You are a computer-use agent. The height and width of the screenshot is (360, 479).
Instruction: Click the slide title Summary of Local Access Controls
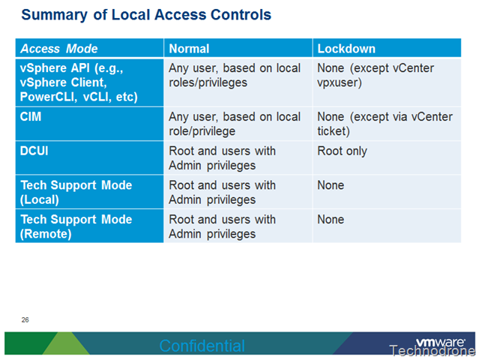click(146, 15)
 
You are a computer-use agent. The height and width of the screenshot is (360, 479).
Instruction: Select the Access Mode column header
click(59, 49)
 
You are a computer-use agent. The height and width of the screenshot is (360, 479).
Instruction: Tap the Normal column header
click(189, 49)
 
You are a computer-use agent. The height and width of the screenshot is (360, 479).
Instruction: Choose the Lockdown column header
click(346, 49)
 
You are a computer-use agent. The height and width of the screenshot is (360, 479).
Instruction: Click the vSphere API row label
click(79, 82)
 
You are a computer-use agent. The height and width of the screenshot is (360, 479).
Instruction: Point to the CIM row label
click(31, 117)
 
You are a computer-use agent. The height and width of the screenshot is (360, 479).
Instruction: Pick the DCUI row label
click(34, 151)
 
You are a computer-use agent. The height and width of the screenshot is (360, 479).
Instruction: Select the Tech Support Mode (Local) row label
click(76, 192)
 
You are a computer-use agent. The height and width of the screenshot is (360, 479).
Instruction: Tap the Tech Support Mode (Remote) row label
click(76, 226)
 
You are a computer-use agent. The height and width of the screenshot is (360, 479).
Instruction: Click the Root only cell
click(342, 151)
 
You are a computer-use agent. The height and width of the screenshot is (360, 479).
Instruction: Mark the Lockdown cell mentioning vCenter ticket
click(385, 124)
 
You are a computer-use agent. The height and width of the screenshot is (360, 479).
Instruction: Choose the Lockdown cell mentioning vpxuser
click(376, 75)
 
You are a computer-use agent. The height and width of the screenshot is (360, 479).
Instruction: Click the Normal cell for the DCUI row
click(222, 158)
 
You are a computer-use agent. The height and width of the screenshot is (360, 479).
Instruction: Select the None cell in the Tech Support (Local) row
click(331, 185)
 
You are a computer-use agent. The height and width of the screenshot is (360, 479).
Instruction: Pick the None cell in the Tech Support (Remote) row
click(331, 220)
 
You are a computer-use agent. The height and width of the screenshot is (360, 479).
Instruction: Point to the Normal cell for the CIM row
click(235, 124)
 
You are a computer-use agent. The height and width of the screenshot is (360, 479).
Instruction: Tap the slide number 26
click(25, 320)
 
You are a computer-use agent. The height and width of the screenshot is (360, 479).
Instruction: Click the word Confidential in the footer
click(202, 346)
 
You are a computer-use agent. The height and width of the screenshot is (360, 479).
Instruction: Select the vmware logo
click(440, 342)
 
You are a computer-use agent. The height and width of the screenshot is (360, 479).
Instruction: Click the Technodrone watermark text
click(433, 351)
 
